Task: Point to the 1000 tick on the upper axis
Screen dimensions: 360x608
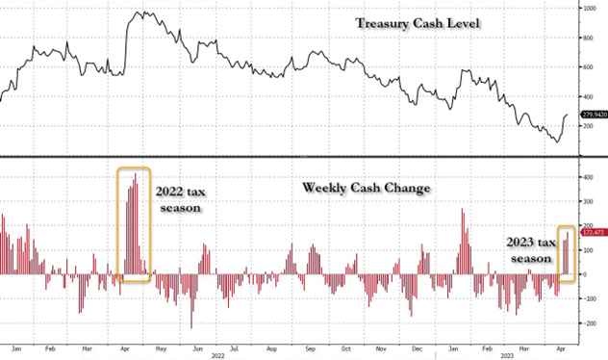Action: click(588, 8)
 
